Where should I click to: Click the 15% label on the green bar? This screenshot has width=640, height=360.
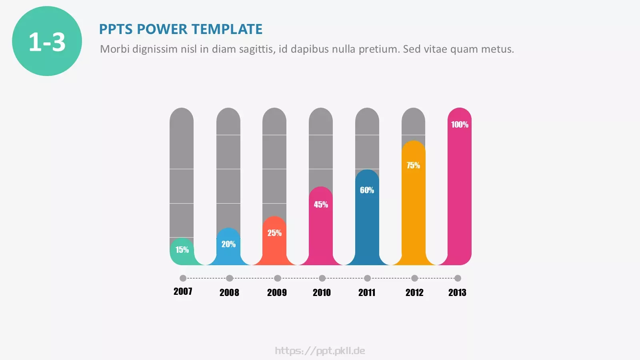(x=182, y=250)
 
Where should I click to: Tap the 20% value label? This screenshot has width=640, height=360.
(x=228, y=244)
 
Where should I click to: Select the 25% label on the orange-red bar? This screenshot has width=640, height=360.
(x=274, y=233)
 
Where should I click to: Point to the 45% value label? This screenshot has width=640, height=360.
(x=321, y=204)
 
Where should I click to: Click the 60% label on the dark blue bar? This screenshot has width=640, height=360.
(x=367, y=190)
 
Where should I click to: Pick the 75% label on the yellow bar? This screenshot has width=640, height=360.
(x=413, y=165)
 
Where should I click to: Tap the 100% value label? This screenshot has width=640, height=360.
(x=460, y=124)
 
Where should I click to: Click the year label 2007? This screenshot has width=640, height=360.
(x=183, y=292)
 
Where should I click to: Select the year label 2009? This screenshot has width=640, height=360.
(x=277, y=292)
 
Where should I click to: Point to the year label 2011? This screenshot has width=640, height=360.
(x=366, y=292)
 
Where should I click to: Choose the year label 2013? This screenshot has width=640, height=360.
(x=457, y=292)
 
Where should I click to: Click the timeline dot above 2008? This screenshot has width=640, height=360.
(x=230, y=278)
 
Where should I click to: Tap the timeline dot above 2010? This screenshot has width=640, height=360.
(x=322, y=278)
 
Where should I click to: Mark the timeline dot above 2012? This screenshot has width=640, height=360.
(x=414, y=278)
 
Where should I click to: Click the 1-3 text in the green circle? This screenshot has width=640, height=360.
(x=47, y=42)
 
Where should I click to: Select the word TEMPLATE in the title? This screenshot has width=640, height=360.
(x=227, y=29)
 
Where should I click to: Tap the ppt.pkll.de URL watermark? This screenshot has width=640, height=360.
(x=320, y=350)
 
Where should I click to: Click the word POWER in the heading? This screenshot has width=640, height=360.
(x=162, y=29)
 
